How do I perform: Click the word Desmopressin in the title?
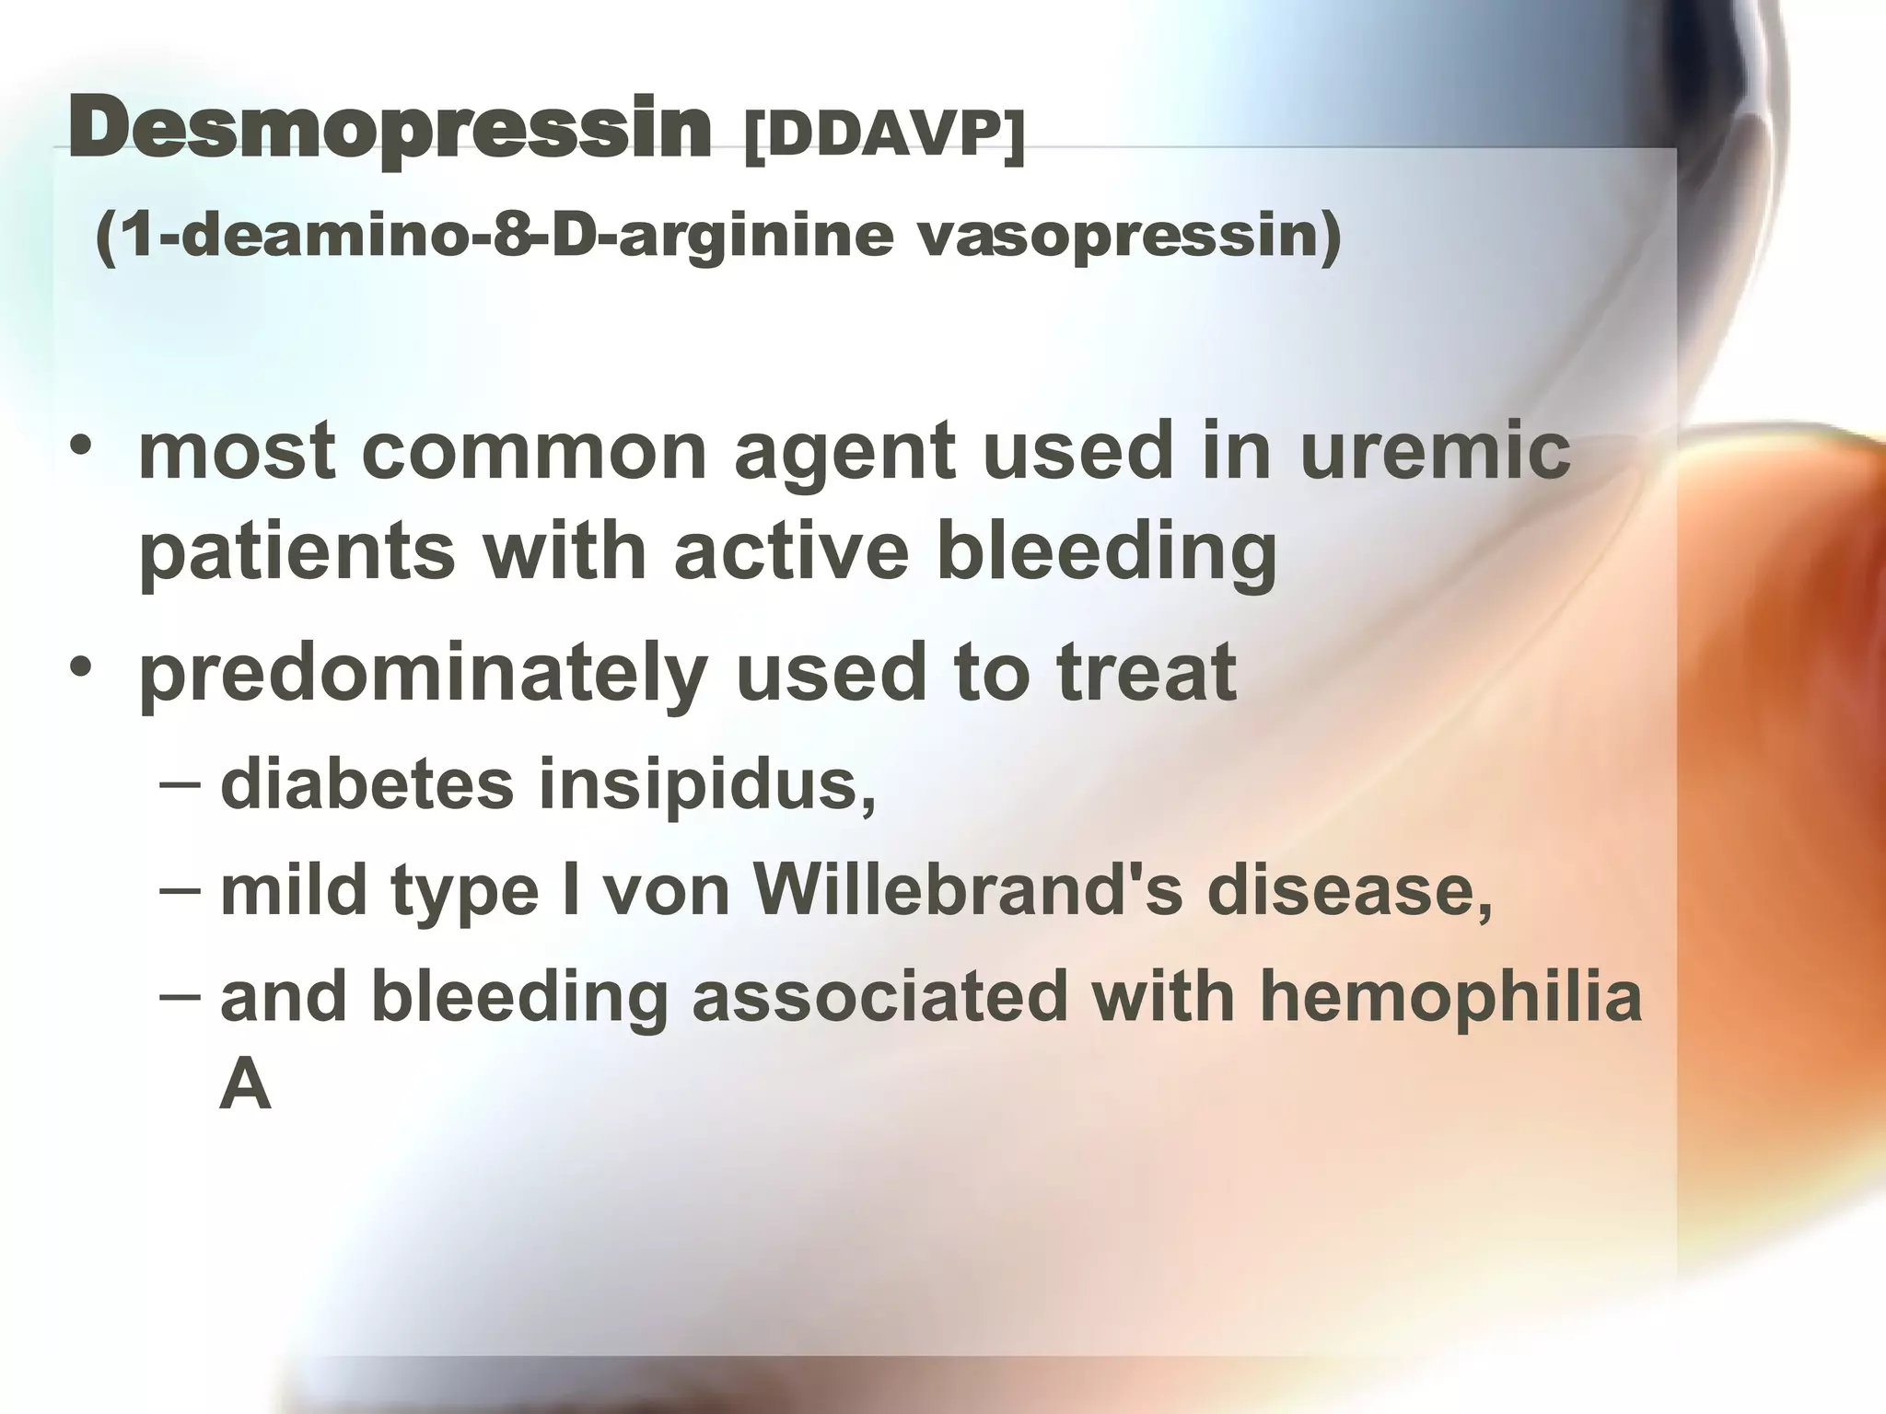pyautogui.click(x=390, y=132)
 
